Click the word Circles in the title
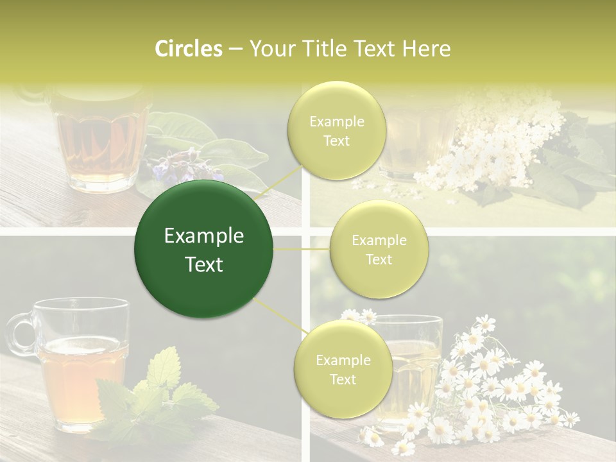pyautogui.click(x=188, y=49)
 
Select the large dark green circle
pyautogui.click(x=203, y=249)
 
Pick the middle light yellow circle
pyautogui.click(x=379, y=249)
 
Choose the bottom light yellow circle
pyautogui.click(x=343, y=369)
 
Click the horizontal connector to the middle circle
pyautogui.click(x=301, y=249)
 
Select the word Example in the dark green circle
pyautogui.click(x=204, y=236)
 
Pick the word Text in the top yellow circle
pyautogui.click(x=336, y=141)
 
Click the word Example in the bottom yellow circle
pyautogui.click(x=343, y=360)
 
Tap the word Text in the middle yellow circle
pyautogui.click(x=379, y=259)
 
